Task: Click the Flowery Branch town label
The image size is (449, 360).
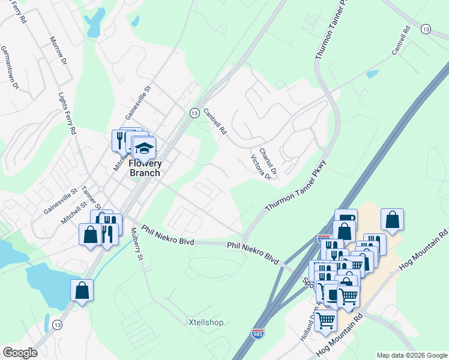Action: (145, 169)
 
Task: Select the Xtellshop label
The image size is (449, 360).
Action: (206, 323)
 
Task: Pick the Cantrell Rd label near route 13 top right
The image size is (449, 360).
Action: (400, 41)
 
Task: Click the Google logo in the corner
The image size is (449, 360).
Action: (20, 353)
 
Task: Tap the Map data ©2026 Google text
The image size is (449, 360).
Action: (412, 355)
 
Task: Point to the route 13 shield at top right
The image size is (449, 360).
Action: (426, 29)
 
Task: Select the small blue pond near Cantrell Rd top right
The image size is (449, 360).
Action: (373, 74)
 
